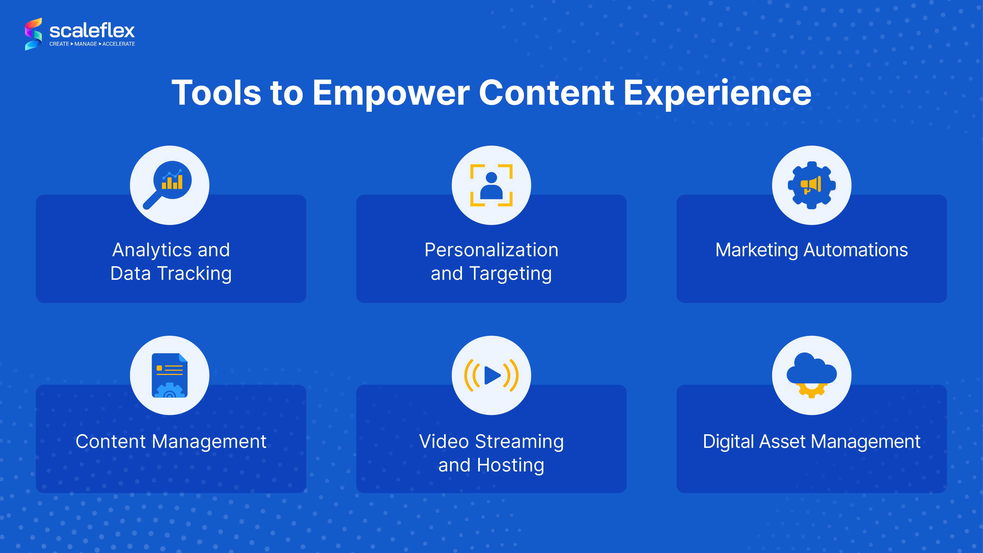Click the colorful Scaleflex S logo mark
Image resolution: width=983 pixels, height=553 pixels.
click(x=33, y=34)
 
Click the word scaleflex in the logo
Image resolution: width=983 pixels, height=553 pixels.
click(x=92, y=30)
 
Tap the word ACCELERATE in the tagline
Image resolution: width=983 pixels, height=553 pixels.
click(x=119, y=44)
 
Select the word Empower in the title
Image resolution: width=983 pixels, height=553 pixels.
click(x=391, y=93)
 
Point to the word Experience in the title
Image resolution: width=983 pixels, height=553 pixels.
click(x=717, y=93)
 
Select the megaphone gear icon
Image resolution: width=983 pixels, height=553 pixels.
click(x=812, y=185)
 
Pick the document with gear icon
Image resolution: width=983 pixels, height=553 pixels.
click(x=169, y=375)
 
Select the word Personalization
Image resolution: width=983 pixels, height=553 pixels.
click(x=492, y=250)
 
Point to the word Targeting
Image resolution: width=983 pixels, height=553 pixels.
click(x=510, y=274)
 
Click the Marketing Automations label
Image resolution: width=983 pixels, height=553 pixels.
click(x=812, y=250)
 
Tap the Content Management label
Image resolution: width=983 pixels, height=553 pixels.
click(x=171, y=442)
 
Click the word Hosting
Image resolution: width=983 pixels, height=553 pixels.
click(x=510, y=465)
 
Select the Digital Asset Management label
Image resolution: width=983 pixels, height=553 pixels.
click(x=812, y=442)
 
